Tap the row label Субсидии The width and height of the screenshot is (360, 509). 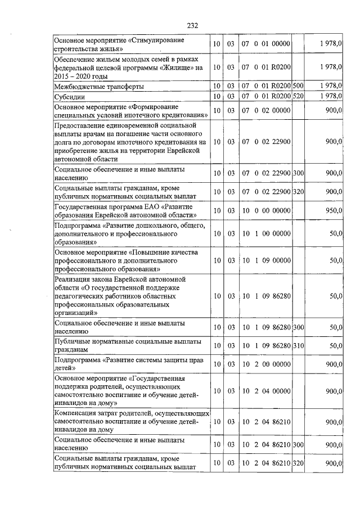69,97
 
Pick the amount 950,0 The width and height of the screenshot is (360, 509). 334,210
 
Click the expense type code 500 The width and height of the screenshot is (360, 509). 298,87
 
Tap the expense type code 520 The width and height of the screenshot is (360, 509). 298,97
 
